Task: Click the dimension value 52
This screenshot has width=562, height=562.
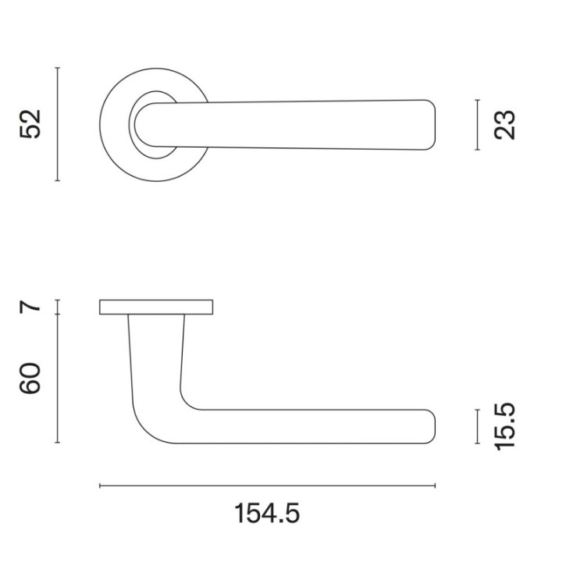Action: [30, 124]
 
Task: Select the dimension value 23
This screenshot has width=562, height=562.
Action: [505, 125]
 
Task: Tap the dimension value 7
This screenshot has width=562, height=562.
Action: [30, 308]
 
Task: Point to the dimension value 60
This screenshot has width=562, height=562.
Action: [30, 379]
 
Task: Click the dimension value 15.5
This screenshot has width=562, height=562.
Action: [505, 426]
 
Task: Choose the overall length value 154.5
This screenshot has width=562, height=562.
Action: [267, 514]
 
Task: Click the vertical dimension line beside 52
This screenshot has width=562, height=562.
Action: [58, 124]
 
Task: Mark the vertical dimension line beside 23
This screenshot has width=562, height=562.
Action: [478, 125]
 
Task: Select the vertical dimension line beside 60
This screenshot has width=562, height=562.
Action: [58, 379]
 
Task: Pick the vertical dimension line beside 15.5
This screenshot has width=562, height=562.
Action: [478, 426]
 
